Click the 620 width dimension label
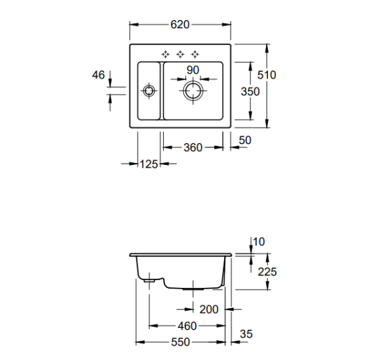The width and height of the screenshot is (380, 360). [x=180, y=24]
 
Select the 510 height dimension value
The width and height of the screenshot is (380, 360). [x=267, y=75]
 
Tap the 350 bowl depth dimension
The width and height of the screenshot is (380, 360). [x=250, y=92]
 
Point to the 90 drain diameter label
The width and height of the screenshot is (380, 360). [x=193, y=70]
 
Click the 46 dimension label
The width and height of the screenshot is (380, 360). [x=98, y=75]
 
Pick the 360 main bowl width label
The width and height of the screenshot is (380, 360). [x=193, y=147]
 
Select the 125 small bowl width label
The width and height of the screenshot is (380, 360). [x=149, y=164]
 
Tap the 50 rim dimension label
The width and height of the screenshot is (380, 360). [x=245, y=140]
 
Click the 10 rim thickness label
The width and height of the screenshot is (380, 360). [x=259, y=242]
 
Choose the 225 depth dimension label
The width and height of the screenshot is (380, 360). [x=267, y=272]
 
